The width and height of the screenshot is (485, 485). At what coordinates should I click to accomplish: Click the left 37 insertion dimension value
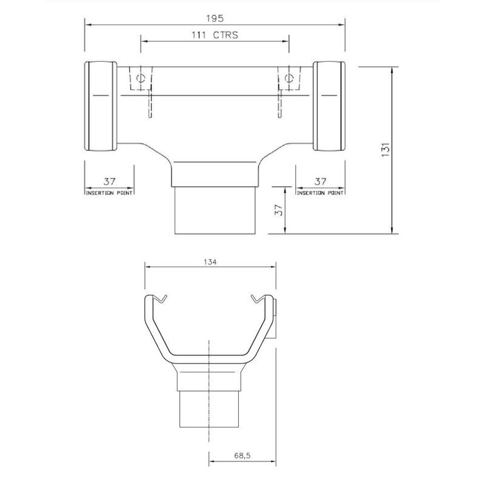point(109,181)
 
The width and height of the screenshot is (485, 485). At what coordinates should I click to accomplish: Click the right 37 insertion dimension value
point(320,181)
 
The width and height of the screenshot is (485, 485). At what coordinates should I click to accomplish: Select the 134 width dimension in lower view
point(210,262)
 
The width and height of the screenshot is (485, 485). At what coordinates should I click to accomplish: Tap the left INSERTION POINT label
point(109,192)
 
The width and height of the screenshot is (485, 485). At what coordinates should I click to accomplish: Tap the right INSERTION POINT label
point(320,192)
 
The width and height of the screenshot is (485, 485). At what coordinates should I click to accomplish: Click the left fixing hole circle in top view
point(141,78)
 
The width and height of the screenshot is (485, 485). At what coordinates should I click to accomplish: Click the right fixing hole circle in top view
point(289,78)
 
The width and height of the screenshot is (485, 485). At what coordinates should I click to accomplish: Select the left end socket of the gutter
point(101,107)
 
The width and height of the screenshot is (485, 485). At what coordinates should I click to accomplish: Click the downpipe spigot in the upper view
point(215,209)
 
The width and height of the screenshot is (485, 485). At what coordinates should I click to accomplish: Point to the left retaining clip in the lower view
point(159,298)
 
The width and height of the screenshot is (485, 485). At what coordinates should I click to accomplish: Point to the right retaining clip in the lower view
point(259,298)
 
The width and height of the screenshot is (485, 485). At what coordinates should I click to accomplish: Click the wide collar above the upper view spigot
point(215,172)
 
